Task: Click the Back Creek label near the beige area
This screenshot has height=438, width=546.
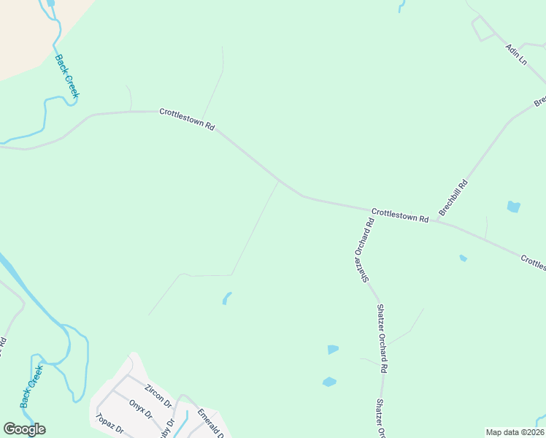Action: [67, 75]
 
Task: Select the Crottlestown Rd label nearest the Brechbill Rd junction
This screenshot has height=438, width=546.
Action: [399, 215]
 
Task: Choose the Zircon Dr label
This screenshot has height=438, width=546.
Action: [158, 394]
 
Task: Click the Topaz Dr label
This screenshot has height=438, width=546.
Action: [109, 424]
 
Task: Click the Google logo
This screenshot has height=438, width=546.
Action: [24, 429]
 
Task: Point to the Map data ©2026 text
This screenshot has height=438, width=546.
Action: [515, 432]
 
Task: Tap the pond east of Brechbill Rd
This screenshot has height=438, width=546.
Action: [513, 207]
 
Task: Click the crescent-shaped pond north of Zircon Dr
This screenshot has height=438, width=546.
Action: [226, 298]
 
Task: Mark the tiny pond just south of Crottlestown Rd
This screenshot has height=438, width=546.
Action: [464, 258]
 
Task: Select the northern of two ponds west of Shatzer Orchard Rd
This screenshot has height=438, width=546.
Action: [333, 350]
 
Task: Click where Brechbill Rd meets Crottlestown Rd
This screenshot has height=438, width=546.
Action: [436, 220]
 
